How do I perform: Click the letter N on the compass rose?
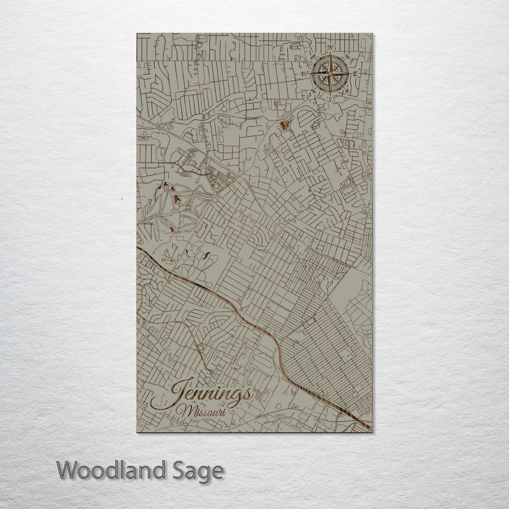point(331,48)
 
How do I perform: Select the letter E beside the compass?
point(355,74)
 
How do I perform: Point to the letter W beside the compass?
point(305,74)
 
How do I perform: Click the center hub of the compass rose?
point(330,74)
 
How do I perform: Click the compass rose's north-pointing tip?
point(330,55)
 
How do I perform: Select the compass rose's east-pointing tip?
point(349,74)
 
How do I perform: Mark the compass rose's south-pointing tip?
point(330,93)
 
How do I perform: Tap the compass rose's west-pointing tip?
point(311,74)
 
